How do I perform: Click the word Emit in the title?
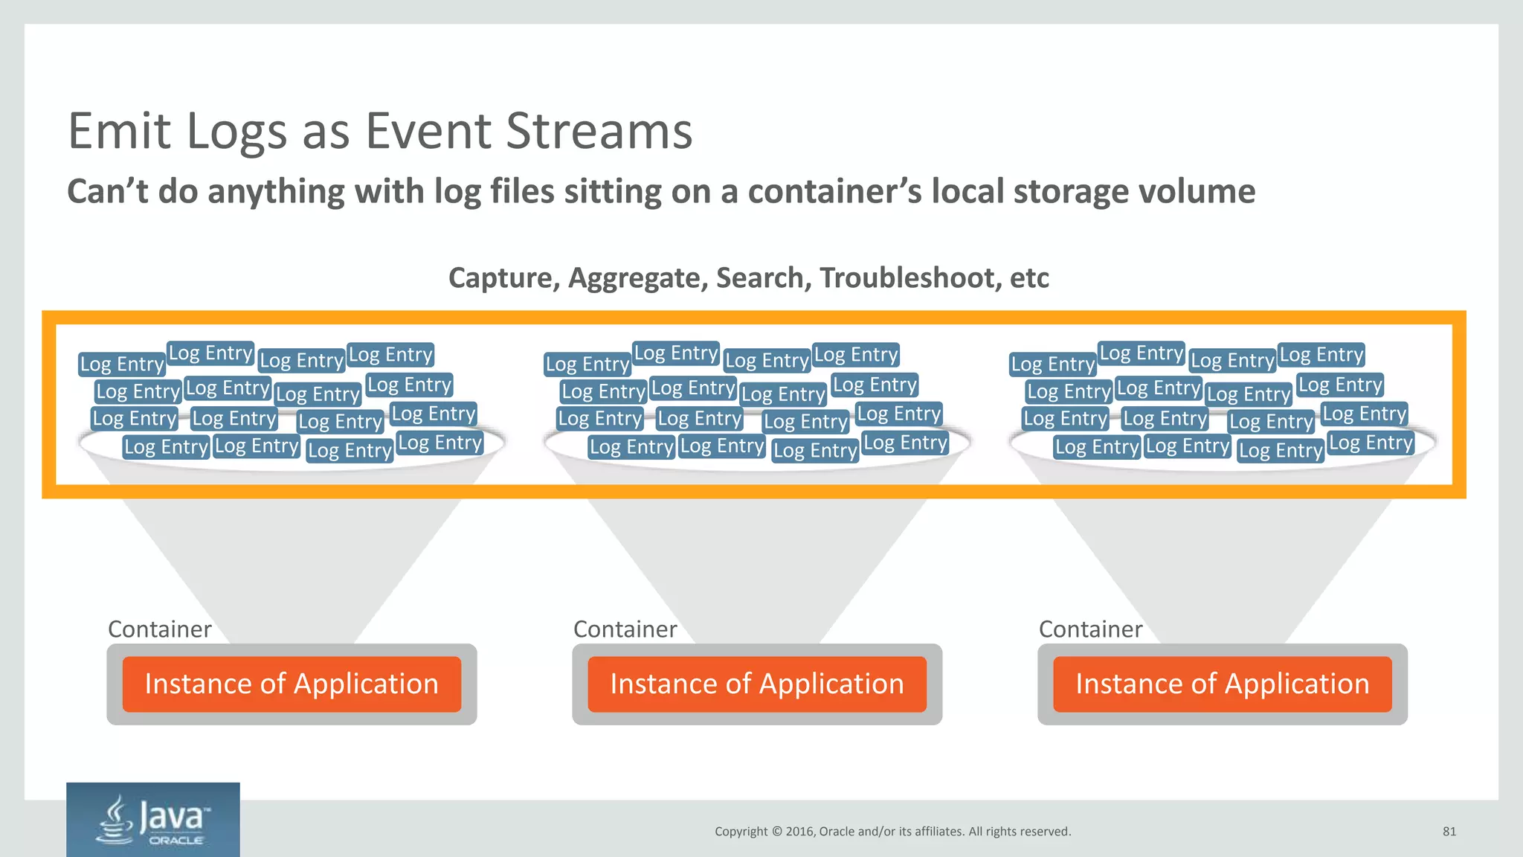click(x=120, y=131)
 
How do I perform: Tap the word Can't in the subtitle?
click(x=107, y=191)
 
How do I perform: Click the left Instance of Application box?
click(x=292, y=684)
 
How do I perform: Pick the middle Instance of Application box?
click(x=757, y=684)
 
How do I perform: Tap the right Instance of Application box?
click(x=1223, y=684)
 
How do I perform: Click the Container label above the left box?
click(x=159, y=629)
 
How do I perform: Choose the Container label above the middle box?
click(x=625, y=629)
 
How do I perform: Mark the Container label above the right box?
click(x=1090, y=629)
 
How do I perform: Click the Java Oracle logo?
click(x=153, y=820)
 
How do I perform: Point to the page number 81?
click(x=1449, y=832)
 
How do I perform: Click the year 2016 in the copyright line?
click(x=799, y=832)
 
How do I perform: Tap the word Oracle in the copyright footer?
click(x=837, y=832)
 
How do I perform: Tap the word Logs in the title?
click(x=236, y=131)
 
